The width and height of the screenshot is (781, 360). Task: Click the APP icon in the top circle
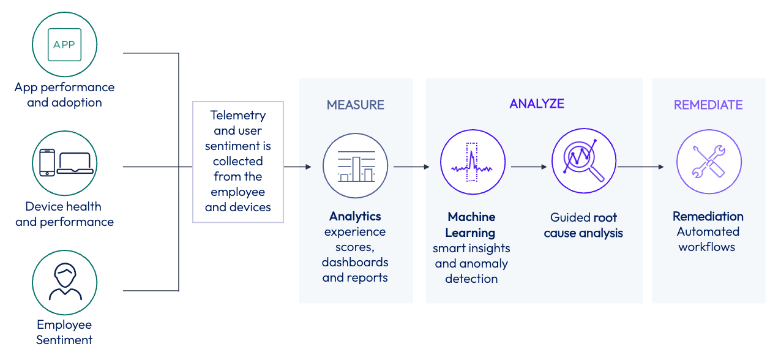[x=64, y=45]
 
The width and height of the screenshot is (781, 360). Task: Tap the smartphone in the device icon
[x=47, y=163]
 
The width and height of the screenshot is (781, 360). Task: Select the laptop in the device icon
[x=75, y=163]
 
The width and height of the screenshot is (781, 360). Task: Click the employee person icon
[x=65, y=282]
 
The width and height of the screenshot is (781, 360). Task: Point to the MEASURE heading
[x=356, y=105]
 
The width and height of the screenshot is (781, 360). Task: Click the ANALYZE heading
[x=537, y=103]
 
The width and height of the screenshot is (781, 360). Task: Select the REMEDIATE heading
[x=708, y=105]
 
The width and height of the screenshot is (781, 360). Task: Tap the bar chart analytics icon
[x=356, y=166]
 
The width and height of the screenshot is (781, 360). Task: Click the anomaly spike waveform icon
[x=472, y=164]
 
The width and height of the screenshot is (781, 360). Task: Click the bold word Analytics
[x=355, y=216]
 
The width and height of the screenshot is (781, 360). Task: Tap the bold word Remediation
[x=708, y=216]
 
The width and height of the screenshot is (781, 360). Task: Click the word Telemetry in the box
[x=237, y=115]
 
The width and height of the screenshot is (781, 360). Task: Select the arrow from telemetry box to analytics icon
[x=298, y=167]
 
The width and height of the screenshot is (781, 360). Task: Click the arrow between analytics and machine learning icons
[x=412, y=167]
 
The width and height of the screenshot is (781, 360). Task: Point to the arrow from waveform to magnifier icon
[x=528, y=167]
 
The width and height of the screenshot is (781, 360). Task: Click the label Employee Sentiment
[x=64, y=332]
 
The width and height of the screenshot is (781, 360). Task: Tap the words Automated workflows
[x=708, y=239]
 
